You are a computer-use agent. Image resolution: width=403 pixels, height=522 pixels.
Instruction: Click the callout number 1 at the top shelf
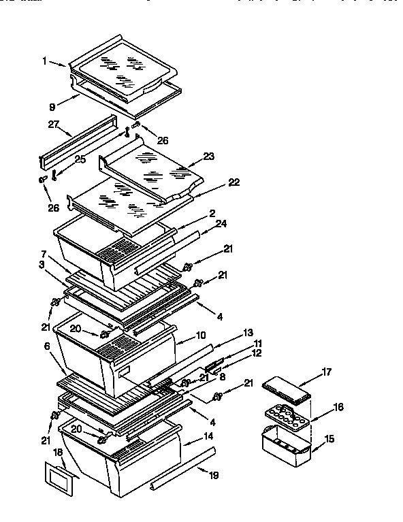pyautogui.click(x=44, y=61)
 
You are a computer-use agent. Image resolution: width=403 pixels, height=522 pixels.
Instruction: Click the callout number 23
pyautogui.click(x=208, y=156)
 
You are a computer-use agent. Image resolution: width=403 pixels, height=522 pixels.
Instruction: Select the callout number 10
pyautogui.click(x=201, y=336)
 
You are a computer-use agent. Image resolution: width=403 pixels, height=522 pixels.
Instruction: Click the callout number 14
pyautogui.click(x=208, y=435)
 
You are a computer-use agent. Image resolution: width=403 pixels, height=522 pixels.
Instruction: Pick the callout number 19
pyautogui.click(x=214, y=476)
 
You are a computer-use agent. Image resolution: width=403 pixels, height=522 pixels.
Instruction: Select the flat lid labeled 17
pyautogui.click(x=287, y=389)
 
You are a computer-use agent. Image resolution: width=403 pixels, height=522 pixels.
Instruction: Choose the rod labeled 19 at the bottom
pyautogui.click(x=184, y=470)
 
